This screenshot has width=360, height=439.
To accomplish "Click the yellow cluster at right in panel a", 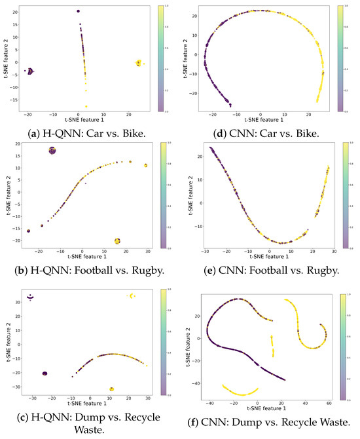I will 139,63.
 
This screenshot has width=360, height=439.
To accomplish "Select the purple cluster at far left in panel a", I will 29,71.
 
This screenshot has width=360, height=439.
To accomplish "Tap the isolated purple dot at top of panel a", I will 79,11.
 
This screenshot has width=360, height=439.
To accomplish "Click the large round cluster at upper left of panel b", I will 52,151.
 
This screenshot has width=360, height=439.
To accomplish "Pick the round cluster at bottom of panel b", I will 117,241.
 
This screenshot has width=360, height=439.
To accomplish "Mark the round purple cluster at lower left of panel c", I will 45,373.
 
